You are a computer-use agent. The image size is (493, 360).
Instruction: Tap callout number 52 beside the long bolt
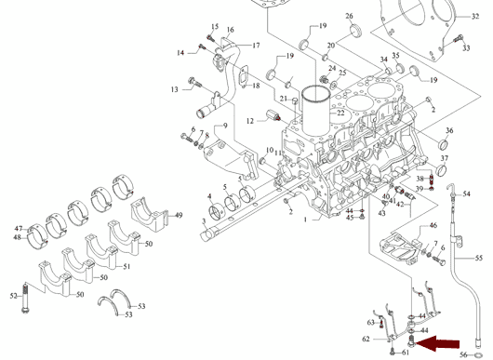point(14,296)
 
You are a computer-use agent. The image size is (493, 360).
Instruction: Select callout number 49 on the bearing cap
point(179,216)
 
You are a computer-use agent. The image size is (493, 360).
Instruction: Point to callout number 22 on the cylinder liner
point(340,113)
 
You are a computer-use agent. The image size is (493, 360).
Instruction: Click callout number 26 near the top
point(349,16)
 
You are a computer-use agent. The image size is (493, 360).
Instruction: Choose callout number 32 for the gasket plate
point(475,16)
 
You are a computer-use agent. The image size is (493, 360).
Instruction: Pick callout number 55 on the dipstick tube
point(478,258)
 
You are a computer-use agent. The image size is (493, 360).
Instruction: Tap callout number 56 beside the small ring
point(463,355)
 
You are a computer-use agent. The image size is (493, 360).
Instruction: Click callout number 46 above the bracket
point(433,225)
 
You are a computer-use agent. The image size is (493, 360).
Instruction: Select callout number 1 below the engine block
point(305,220)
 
